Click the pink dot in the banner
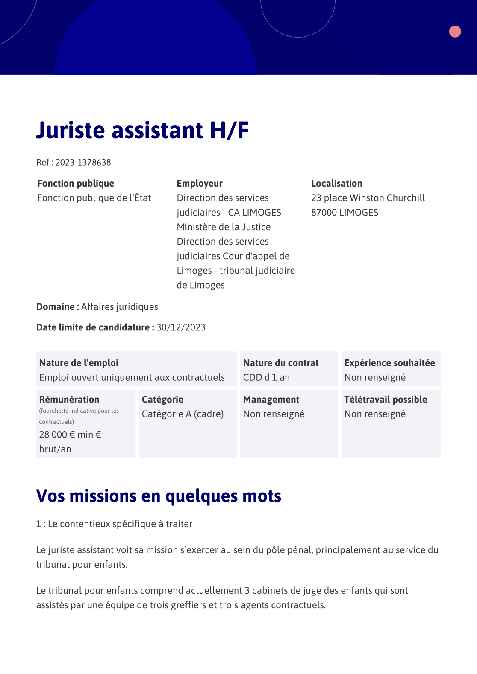tap(455, 32)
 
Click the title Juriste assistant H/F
tap(142, 130)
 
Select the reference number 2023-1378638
tap(83, 163)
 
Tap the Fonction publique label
tap(76, 184)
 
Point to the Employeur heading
tap(200, 184)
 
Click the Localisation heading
tap(336, 184)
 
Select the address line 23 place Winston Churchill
tap(368, 198)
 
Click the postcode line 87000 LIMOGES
tap(344, 213)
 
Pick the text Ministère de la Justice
tap(224, 227)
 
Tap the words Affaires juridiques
tap(120, 307)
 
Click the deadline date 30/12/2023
tap(181, 327)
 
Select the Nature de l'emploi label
tap(79, 363)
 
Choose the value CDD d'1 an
tap(266, 378)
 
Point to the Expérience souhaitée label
tap(389, 363)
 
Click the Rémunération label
tap(69, 400)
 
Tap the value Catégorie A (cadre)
tap(183, 414)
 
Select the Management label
tap(271, 400)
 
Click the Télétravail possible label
tap(386, 400)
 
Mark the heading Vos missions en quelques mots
tap(159, 496)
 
